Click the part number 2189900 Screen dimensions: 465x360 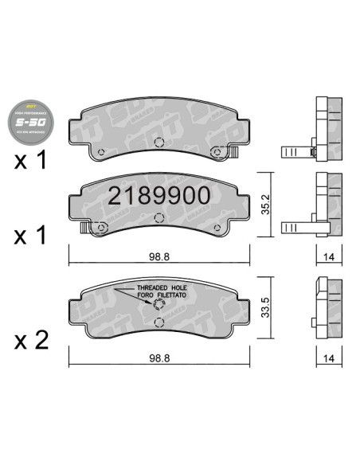(159, 196)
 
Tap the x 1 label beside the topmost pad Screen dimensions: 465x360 (33, 160)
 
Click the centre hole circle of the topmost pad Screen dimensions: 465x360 (158, 143)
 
